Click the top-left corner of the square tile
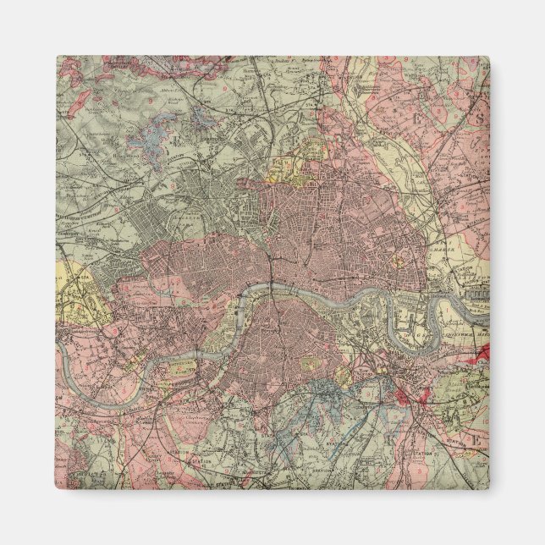coord(58,57)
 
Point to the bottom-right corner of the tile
coord(489,489)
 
